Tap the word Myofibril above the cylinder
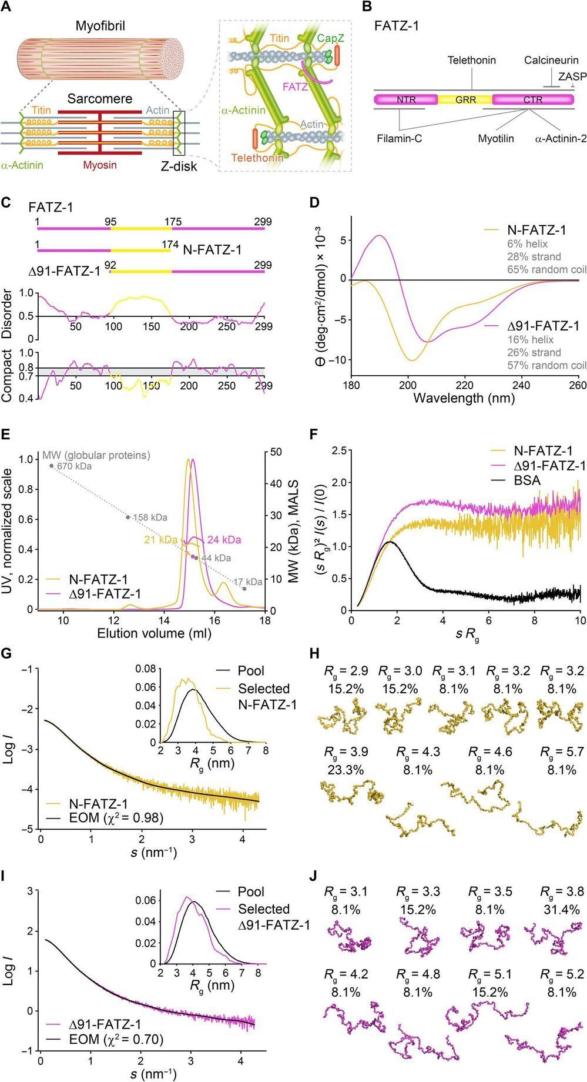(x=100, y=26)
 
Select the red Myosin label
(x=99, y=165)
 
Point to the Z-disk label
(x=179, y=166)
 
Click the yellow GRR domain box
(x=465, y=100)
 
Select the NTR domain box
(x=406, y=100)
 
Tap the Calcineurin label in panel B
(x=551, y=61)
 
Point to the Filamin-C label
(x=400, y=139)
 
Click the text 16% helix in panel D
(x=530, y=339)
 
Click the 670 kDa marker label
(x=75, y=466)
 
